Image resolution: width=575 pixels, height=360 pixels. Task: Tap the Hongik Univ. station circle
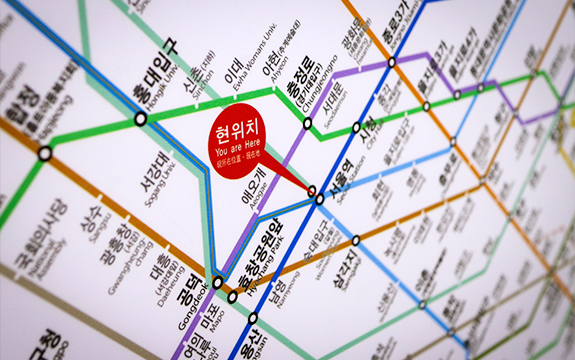(x=140, y=118)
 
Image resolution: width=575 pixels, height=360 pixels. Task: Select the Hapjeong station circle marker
(x=44, y=153)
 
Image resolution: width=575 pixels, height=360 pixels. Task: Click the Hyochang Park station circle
(x=233, y=296)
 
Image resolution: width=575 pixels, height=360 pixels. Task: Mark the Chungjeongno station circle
(x=308, y=123)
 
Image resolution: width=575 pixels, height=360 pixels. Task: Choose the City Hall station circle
(x=357, y=127)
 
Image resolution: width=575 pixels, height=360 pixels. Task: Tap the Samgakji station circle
(x=355, y=241)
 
